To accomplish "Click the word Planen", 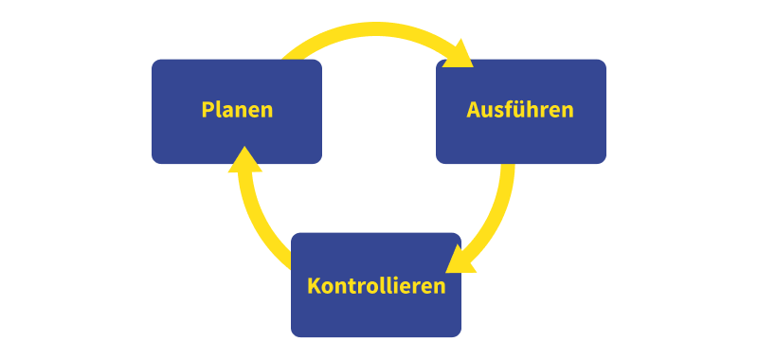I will [x=237, y=110].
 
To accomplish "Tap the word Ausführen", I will [x=520, y=110].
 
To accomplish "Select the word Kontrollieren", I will [x=376, y=285].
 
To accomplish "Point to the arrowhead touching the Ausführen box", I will [x=460, y=55].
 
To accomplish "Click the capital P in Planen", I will [x=208, y=110].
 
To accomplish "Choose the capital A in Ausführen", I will [x=474, y=110].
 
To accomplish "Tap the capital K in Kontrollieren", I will [x=314, y=285].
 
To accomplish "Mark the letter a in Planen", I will [x=229, y=111].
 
